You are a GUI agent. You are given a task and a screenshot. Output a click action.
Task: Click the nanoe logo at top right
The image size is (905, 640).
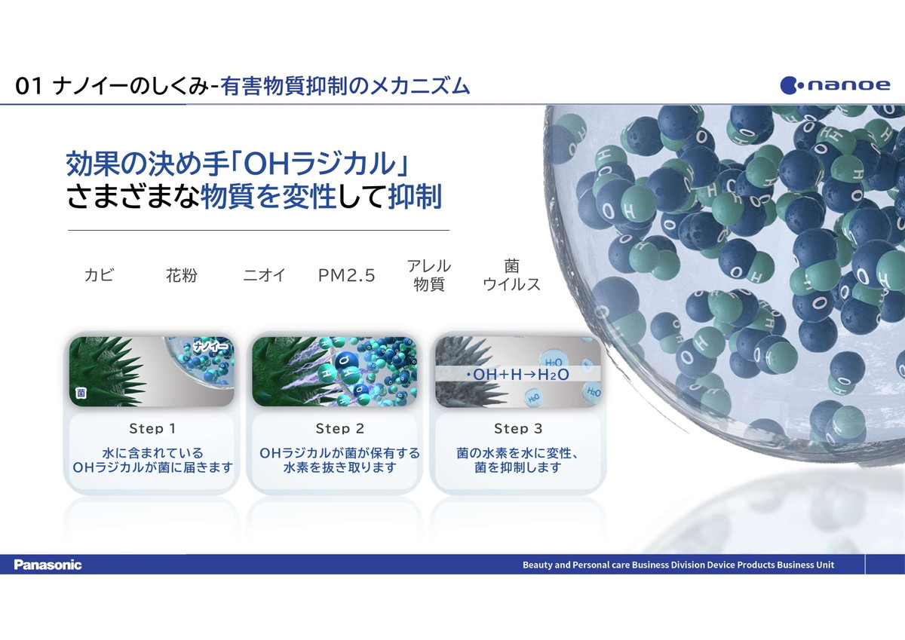[x=835, y=85]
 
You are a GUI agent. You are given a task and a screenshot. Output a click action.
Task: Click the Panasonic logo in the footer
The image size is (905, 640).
[x=48, y=565]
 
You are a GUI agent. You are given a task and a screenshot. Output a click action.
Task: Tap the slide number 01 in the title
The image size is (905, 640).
[x=29, y=87]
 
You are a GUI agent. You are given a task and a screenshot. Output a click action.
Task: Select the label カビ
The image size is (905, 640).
[x=99, y=275]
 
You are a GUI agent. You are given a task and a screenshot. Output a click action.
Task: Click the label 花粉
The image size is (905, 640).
[x=182, y=275]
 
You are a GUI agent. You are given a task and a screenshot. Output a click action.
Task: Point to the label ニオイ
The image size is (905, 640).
[x=264, y=275]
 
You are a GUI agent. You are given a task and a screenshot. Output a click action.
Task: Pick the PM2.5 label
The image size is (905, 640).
[x=347, y=275]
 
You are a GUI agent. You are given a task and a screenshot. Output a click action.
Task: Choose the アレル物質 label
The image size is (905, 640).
[x=429, y=275]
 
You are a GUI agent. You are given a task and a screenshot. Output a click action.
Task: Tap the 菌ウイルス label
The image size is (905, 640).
[x=511, y=275]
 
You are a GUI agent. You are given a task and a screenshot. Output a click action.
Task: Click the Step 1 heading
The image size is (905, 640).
[x=152, y=428]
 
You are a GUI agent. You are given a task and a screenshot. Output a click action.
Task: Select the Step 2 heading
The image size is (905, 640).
[x=340, y=428]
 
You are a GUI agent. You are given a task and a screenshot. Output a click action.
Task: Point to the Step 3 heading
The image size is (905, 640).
[x=518, y=428]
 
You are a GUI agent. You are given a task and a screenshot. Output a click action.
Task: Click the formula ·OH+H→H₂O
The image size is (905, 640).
[x=517, y=375]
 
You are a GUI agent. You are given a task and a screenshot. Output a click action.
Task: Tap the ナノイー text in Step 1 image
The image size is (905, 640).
[x=211, y=346]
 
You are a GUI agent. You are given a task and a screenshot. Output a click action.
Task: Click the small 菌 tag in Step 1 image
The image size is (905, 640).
[x=81, y=393]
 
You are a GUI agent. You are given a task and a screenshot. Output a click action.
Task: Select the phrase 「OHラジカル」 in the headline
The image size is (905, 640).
[x=319, y=164]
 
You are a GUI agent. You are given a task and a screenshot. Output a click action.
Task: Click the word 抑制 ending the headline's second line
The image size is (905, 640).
[x=415, y=197]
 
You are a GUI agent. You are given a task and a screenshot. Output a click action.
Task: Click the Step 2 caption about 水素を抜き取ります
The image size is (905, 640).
[x=340, y=460]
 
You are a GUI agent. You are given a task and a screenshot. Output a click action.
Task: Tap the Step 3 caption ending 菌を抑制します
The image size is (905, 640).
[x=518, y=460]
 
